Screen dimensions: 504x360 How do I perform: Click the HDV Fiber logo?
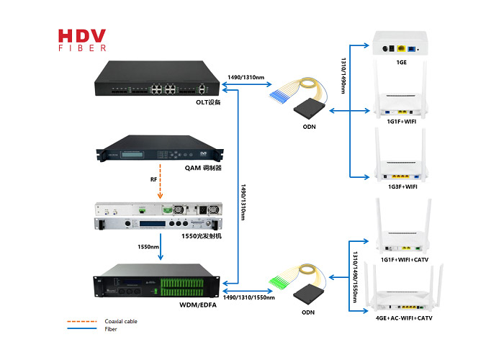pos(82,40)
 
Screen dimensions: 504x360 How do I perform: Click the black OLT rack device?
pos(157,78)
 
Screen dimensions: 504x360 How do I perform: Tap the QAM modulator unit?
pos(160,148)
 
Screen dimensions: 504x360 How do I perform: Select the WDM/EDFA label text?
pos(198,305)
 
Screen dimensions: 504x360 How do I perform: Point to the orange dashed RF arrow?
pos(160,181)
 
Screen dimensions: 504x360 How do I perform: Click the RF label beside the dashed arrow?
pos(153,179)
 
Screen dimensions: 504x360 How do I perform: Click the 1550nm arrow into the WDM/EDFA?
pos(161,246)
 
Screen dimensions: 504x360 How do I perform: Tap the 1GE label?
pos(402,63)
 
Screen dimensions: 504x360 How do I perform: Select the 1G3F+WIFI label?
pos(402,186)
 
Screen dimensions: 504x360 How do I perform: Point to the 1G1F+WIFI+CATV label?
pos(405,260)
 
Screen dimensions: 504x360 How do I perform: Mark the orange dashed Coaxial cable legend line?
pos(82,321)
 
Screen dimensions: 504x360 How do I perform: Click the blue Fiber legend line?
pos(82,328)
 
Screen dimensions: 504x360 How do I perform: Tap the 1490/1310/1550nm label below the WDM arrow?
pos(249,297)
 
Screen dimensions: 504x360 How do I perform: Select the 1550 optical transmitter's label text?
pos(202,236)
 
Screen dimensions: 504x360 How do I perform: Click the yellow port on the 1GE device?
pos(401,48)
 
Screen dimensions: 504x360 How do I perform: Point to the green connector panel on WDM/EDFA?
pos(182,287)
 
